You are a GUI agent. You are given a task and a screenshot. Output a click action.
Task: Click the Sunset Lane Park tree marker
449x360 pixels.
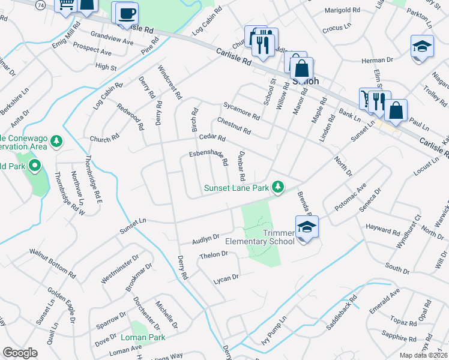tap(277, 187)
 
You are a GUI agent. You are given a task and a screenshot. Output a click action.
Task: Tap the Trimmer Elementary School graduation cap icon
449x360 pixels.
tap(307, 227)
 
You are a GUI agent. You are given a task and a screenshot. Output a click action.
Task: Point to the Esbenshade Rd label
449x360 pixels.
tap(209, 157)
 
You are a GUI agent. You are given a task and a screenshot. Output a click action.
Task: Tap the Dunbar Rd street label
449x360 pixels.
tap(241, 166)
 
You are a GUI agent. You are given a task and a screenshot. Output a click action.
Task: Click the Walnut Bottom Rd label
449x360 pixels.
tap(55, 265)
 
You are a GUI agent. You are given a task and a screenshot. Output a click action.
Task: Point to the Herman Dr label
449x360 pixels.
tap(377, 60)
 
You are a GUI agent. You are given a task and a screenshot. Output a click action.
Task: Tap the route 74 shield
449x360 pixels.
tap(40, 5)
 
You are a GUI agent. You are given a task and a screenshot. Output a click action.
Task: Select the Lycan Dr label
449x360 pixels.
tap(226, 278)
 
